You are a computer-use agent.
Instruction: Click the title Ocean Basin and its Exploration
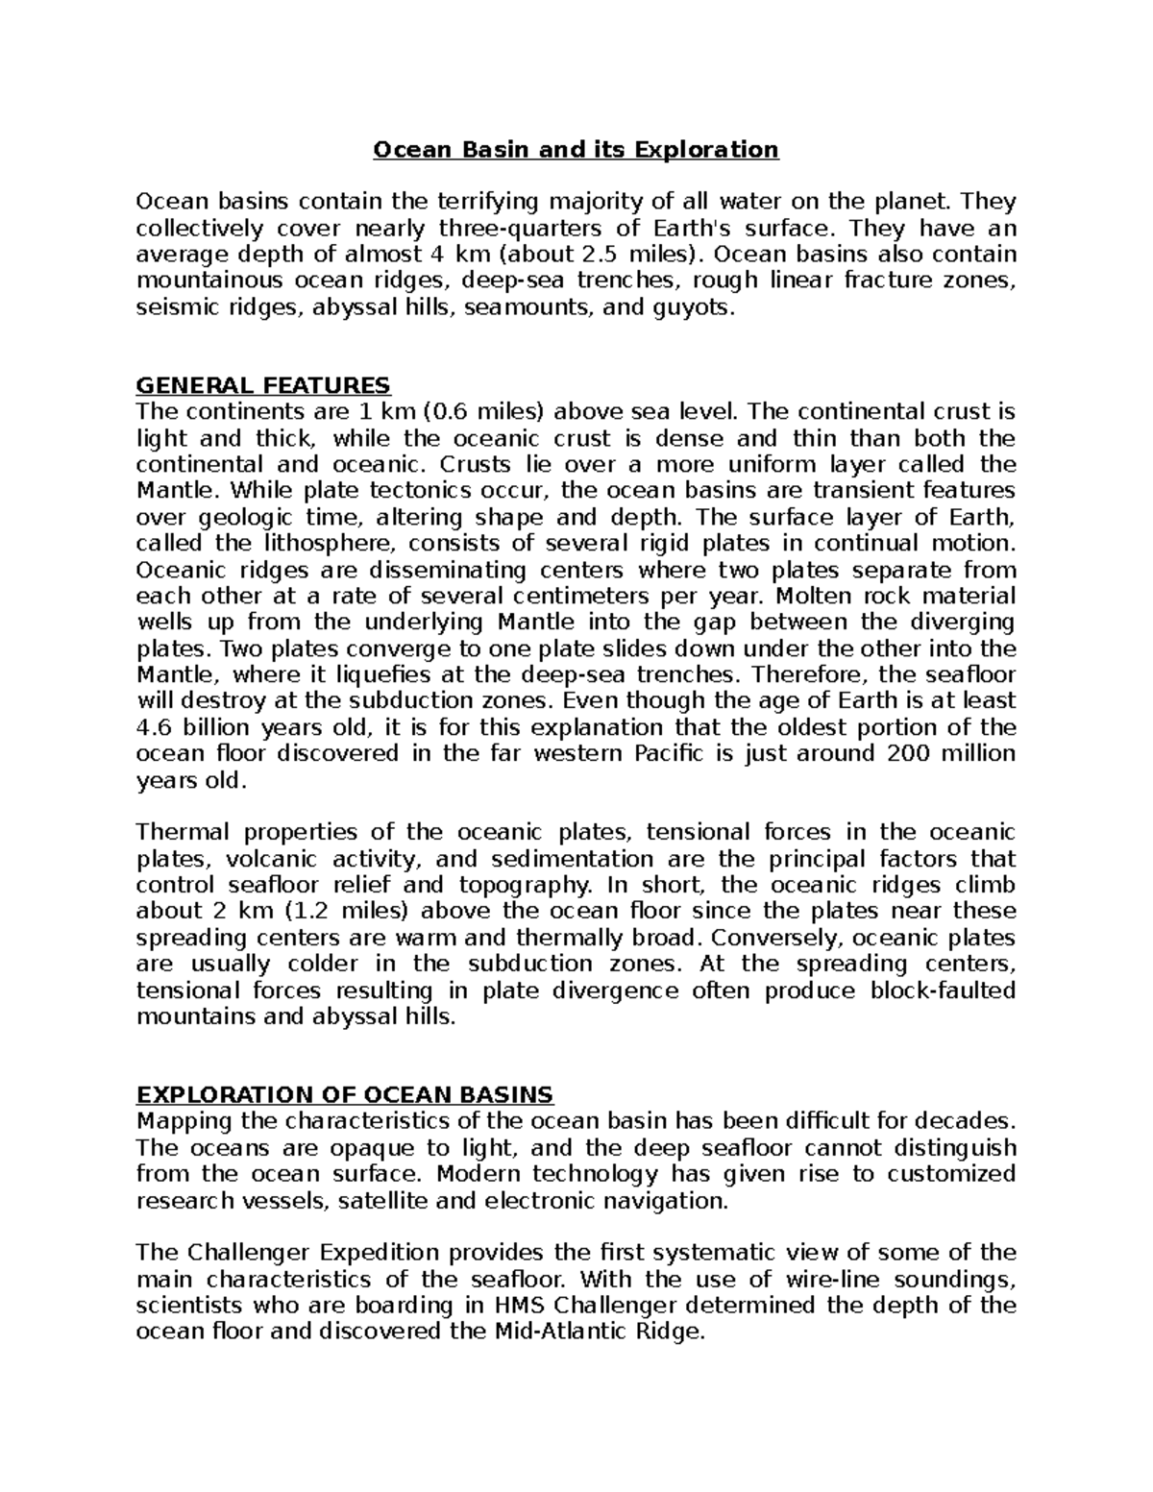click(x=576, y=150)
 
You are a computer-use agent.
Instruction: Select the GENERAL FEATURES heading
click(x=263, y=386)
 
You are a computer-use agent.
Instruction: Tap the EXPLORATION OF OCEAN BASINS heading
click(x=345, y=1095)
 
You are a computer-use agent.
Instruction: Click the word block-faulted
click(x=942, y=991)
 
